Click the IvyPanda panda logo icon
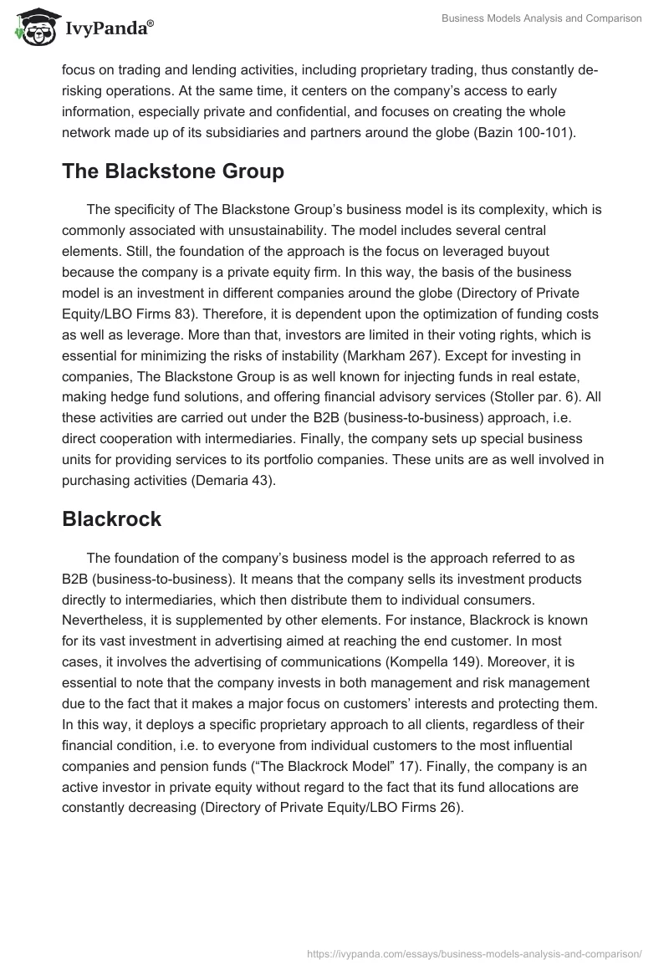[33, 25]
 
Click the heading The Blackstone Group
[173, 171]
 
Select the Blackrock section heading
[111, 518]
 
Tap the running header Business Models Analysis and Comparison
[543, 19]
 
